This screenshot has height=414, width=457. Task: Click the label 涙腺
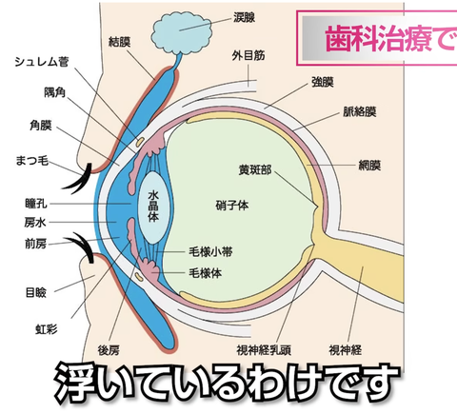[x=244, y=17]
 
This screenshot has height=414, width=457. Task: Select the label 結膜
[x=120, y=42]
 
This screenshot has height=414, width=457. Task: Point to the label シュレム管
[x=42, y=62]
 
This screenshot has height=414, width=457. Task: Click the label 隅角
[x=54, y=92]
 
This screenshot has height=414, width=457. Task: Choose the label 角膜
[x=40, y=126]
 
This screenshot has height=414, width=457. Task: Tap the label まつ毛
[x=32, y=161]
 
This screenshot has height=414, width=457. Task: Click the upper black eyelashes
[x=80, y=180]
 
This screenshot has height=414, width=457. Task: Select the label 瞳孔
[x=36, y=204]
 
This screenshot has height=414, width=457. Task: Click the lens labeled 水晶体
[x=153, y=207]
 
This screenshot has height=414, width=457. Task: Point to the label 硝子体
[x=232, y=206]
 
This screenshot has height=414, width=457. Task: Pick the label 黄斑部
[x=255, y=170]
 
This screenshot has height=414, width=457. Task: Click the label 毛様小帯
[x=210, y=252]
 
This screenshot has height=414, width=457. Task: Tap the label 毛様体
[x=206, y=273]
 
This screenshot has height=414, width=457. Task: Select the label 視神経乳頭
[x=264, y=350]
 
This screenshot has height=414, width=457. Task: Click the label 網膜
[x=369, y=166]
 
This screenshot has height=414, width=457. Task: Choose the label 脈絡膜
[x=360, y=111]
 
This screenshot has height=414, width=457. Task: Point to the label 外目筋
[x=248, y=56]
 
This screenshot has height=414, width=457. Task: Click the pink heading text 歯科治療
[x=378, y=39]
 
